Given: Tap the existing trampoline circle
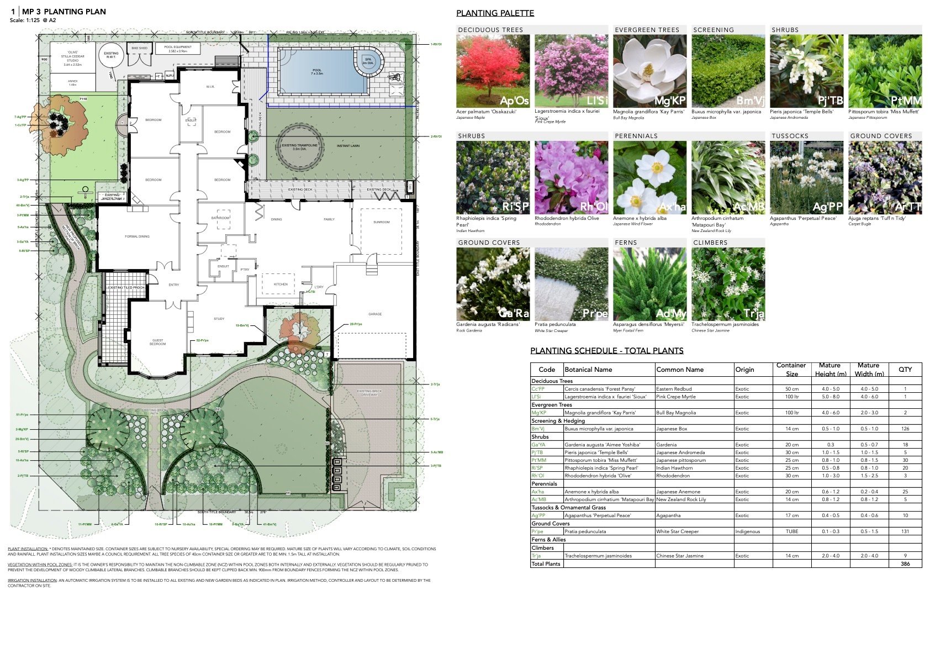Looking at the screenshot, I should [x=300, y=146].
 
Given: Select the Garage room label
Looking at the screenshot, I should [x=375, y=314].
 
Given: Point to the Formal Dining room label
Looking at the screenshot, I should [x=137, y=236].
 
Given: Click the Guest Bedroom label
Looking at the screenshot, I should [x=157, y=342].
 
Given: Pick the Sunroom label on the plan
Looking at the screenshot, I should [x=381, y=222].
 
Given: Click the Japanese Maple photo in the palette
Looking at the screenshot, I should [x=493, y=71].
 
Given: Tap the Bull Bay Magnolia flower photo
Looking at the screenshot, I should [x=649, y=71].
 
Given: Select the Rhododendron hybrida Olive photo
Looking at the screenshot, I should [x=571, y=177].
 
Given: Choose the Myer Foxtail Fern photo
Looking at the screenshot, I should [x=649, y=284].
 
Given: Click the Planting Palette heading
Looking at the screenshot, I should [x=495, y=13].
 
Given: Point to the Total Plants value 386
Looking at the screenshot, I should [x=905, y=564].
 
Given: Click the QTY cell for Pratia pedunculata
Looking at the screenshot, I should [x=905, y=531].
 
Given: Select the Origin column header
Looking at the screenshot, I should [x=744, y=370].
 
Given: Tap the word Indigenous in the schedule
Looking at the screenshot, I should [x=747, y=531].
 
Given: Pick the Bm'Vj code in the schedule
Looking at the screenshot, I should [x=538, y=429].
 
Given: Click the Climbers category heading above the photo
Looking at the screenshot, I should [x=710, y=243].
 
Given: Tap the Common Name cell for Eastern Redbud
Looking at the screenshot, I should [x=674, y=389].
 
